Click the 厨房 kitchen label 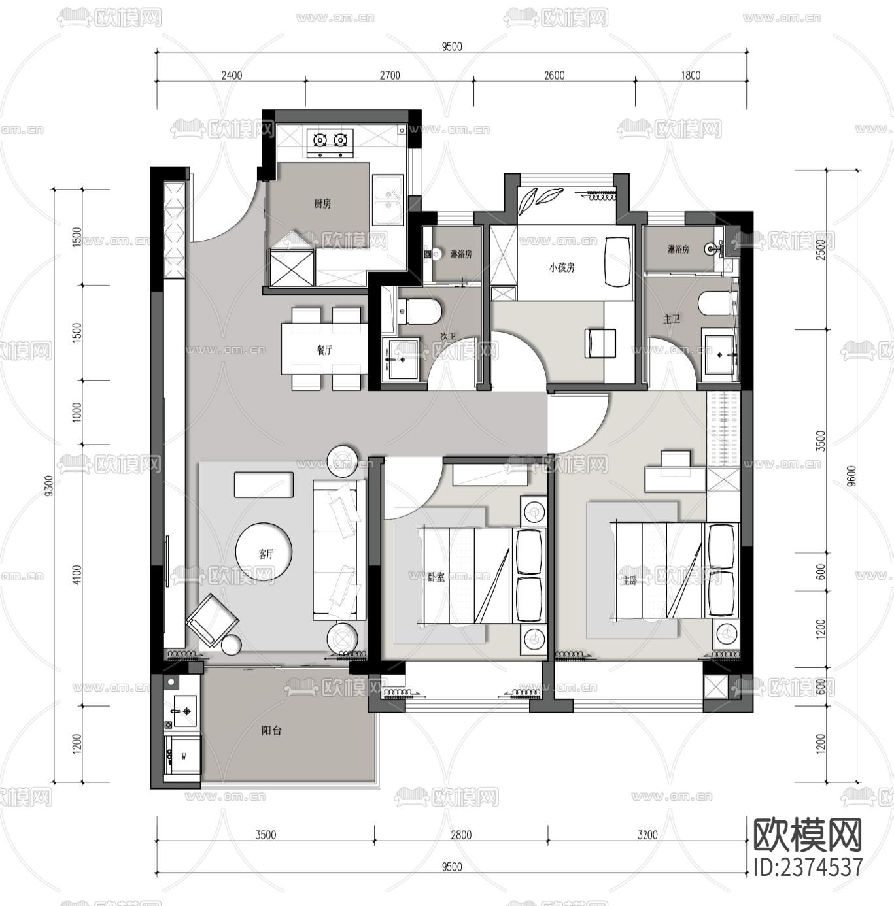322,204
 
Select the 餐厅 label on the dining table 324,350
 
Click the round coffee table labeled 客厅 265,553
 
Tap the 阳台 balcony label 271,731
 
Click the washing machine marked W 182,756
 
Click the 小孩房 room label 561,267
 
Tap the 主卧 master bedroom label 629,580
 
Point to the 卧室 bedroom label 436,577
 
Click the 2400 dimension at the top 232,75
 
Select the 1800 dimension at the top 691,75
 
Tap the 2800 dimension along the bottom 460,835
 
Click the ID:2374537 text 808,867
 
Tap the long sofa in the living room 338,550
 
